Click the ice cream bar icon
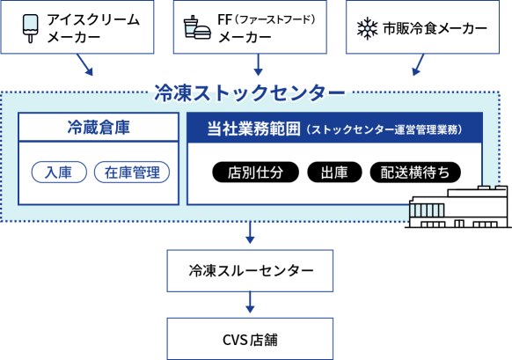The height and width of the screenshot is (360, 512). tap(31, 28)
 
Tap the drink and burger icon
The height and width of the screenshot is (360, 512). tap(197, 27)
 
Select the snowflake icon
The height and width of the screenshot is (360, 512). tap(367, 28)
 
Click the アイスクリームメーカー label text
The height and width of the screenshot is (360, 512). tap(93, 28)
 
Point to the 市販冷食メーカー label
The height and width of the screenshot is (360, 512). tap(435, 29)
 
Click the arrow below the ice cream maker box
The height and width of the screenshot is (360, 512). tap(85, 65)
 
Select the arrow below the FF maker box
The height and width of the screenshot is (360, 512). tap(258, 64)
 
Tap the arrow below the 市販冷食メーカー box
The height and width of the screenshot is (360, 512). tap(418, 64)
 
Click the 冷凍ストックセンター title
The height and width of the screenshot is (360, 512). tap(250, 92)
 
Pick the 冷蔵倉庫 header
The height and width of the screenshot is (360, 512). tap(99, 127)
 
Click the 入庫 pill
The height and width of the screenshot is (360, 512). tap(59, 172)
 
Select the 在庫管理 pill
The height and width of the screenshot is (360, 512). tap(132, 172)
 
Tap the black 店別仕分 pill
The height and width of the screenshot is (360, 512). tap(255, 173)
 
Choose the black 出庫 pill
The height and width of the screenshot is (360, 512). tap(334, 173)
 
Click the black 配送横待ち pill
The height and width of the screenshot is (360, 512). tap(415, 173)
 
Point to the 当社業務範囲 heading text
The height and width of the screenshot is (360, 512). tap(253, 129)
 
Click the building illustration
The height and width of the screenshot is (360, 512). tap(457, 207)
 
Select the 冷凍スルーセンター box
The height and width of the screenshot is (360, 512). tap(250, 271)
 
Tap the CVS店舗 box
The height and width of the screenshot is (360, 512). tap(250, 339)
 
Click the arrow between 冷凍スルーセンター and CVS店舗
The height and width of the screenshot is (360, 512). tap(250, 303)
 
